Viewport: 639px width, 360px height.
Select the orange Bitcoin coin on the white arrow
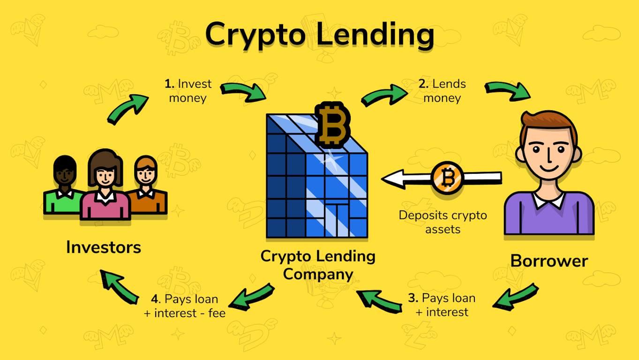click(448, 178)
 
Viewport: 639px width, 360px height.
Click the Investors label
click(104, 247)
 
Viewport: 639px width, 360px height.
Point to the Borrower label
click(549, 261)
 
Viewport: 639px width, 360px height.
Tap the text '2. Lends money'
click(442, 91)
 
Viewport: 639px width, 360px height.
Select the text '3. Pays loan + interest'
click(442, 305)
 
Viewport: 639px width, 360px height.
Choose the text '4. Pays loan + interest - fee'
click(185, 306)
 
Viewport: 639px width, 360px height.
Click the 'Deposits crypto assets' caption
click(443, 222)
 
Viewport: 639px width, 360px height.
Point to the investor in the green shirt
click(63, 187)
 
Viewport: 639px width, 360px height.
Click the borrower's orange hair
click(549, 123)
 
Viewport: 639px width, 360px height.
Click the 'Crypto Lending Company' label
click(318, 265)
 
